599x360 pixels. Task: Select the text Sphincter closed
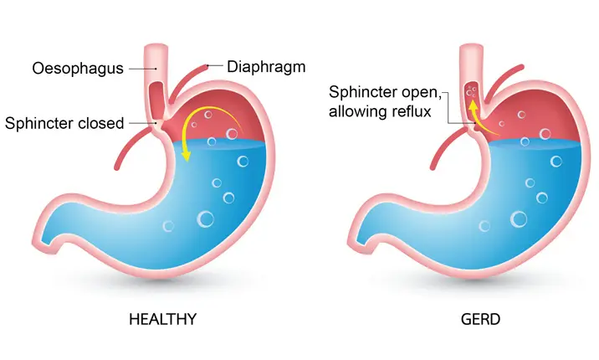[64, 123]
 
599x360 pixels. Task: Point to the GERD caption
[481, 318]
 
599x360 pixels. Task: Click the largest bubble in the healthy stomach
[205, 219]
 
